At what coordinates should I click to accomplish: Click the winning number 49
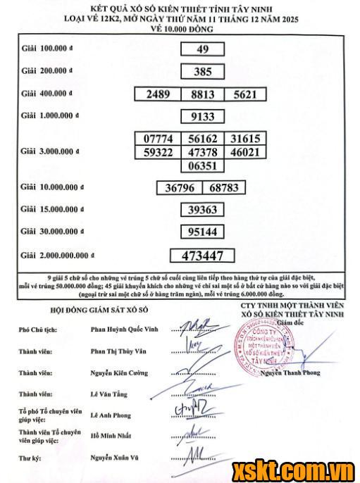[202, 49]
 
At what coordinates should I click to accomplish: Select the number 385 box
[202, 71]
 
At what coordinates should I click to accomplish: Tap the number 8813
[202, 94]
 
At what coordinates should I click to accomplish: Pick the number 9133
[202, 116]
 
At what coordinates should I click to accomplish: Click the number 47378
[202, 152]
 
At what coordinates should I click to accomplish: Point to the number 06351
[202, 166]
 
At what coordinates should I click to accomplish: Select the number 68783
[225, 189]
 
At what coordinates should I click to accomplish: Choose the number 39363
[202, 210]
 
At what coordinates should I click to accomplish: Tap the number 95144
[202, 232]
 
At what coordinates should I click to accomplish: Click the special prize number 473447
[202, 255]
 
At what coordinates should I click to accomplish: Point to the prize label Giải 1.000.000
[51, 115]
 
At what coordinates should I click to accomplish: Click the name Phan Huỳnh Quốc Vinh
[125, 329]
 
